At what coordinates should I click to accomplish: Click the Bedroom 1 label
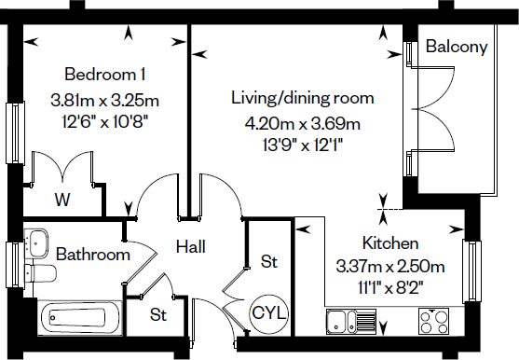(x=103, y=75)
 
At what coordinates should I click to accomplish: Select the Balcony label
(x=457, y=48)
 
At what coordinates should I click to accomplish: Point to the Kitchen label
(x=385, y=243)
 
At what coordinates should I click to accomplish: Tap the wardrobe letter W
(x=62, y=199)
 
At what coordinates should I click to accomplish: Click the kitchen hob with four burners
(x=437, y=322)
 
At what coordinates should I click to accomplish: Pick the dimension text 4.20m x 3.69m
(x=302, y=123)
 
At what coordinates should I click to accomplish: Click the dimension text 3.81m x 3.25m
(x=103, y=100)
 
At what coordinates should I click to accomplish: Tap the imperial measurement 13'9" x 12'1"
(x=302, y=144)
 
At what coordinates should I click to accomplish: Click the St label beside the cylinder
(x=270, y=262)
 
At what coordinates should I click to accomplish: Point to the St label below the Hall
(x=158, y=315)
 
